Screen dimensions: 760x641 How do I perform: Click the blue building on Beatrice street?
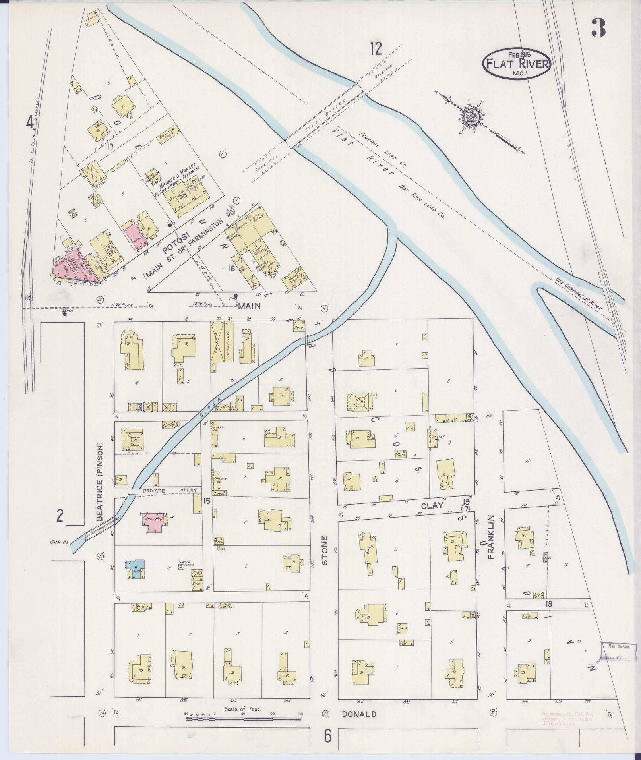[135, 570]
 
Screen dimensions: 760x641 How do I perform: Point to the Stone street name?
[324, 550]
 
